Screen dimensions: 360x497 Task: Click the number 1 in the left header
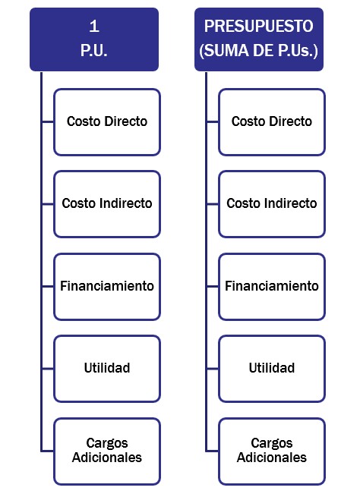(94, 26)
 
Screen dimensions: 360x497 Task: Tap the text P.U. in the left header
(94, 50)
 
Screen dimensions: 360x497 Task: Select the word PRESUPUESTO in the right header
(259, 26)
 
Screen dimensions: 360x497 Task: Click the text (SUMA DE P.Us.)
(259, 50)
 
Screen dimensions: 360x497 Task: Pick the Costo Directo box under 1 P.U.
(107, 122)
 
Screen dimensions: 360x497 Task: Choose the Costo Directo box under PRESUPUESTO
(272, 122)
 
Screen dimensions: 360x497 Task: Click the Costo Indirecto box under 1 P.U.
(107, 204)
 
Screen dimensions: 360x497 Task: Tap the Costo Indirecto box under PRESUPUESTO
(272, 204)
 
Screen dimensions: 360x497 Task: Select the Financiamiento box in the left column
(107, 287)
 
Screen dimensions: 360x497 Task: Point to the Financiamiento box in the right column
(272, 287)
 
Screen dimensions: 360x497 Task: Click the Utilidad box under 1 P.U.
(107, 369)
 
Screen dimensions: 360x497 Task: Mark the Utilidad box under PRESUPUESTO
(272, 369)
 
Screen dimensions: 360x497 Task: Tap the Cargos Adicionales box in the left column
(107, 451)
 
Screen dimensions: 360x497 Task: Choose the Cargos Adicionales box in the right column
(272, 451)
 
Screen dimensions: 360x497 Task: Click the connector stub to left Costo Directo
(48, 121)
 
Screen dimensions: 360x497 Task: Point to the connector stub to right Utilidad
(212, 369)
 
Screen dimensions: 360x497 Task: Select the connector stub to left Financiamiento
(48, 286)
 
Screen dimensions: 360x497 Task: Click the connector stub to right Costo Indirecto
(212, 204)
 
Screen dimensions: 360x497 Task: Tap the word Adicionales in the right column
(272, 458)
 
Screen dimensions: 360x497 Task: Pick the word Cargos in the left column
(107, 443)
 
